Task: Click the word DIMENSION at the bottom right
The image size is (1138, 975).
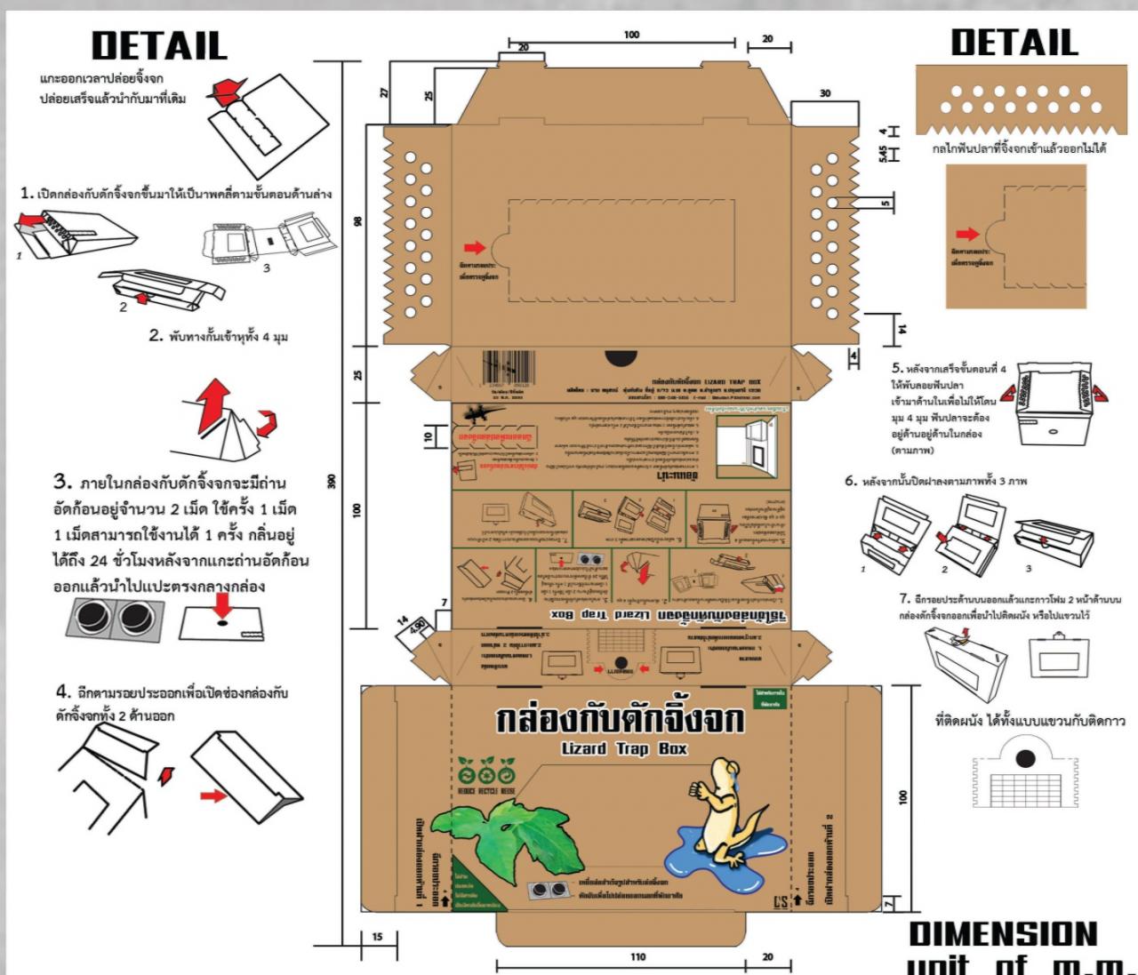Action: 1003,933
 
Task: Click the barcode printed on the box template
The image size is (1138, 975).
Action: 509,367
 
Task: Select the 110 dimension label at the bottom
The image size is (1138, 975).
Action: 637,957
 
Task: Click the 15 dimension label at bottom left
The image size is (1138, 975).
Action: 378,937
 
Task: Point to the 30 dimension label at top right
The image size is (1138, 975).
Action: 825,93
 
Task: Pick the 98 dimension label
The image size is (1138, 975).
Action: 357,221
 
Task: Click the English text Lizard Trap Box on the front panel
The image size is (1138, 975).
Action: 624,748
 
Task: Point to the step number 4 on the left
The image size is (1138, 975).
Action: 62,691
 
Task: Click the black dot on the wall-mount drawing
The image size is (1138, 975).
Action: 1024,758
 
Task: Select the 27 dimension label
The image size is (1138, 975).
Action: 385,92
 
